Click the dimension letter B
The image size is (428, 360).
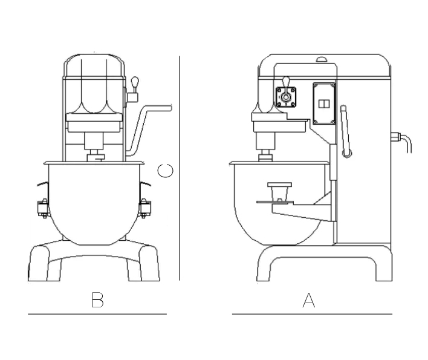click(97, 299)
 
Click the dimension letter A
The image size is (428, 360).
click(309, 300)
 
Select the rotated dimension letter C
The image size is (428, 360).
click(166, 171)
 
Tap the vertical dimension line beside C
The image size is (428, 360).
click(180, 168)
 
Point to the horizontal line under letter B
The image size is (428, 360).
click(97, 314)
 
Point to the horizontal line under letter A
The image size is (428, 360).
click(312, 314)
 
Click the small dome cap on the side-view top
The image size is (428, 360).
click(322, 59)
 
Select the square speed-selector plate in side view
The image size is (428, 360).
click(286, 97)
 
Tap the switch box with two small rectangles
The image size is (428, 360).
click(324, 103)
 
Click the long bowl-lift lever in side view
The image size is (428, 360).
click(346, 132)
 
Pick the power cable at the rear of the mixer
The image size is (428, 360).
click(401, 142)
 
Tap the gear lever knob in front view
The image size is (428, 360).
click(135, 82)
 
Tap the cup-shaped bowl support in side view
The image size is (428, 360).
click(279, 192)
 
